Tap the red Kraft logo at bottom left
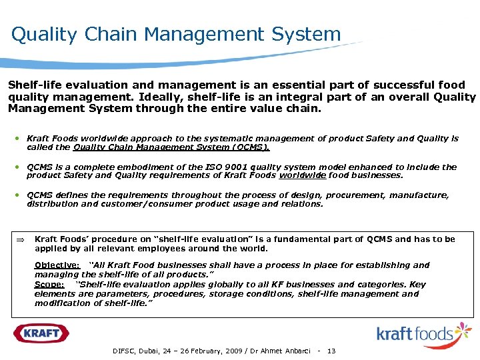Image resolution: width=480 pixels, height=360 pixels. (41, 333)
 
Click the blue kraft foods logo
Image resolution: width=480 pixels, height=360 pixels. (423, 333)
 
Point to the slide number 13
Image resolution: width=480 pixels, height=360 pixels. (331, 351)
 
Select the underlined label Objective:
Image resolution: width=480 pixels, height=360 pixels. (57, 265)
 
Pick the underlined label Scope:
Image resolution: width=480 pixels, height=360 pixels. (49, 284)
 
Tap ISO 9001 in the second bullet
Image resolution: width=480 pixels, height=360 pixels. (219, 167)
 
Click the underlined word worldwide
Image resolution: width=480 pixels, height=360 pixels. (297, 176)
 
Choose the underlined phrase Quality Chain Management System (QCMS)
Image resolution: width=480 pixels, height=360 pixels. (171, 147)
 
